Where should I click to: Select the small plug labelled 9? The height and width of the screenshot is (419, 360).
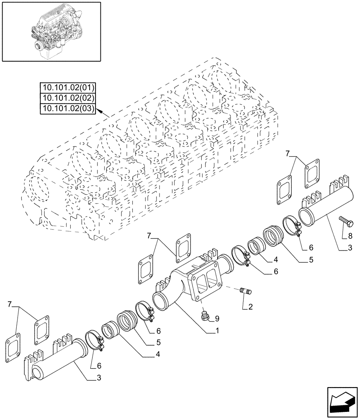click(205, 316)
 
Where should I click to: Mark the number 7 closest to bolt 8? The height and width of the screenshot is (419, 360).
click(288, 153)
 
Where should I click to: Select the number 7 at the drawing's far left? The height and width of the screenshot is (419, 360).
click(10, 303)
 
